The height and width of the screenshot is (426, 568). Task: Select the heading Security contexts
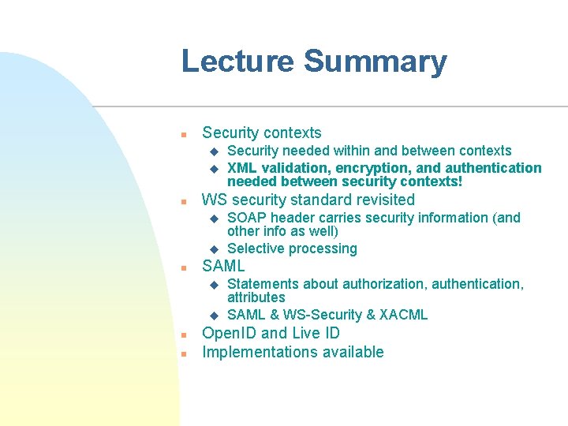pyautogui.click(x=262, y=133)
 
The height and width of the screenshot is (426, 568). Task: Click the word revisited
pyautogui.click(x=381, y=200)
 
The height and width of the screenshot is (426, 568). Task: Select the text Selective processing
pyautogui.click(x=292, y=249)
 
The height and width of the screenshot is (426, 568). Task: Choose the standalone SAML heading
pyautogui.click(x=223, y=267)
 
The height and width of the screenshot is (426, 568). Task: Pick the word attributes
pyautogui.click(x=256, y=297)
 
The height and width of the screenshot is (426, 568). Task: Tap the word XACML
pyautogui.click(x=403, y=316)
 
